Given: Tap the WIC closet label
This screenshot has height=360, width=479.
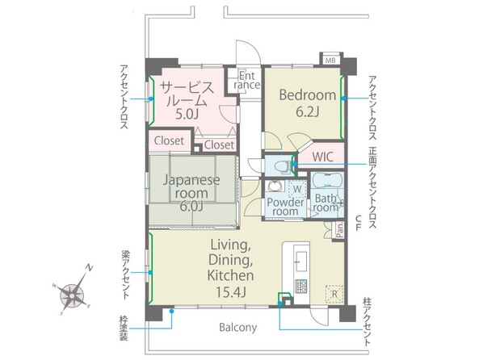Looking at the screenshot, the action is (322, 157).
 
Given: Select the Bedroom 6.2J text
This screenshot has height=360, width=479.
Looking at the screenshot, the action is (308, 103).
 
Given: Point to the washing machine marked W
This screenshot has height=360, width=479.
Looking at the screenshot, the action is (297, 189).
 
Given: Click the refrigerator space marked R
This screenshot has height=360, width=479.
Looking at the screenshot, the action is (334, 295).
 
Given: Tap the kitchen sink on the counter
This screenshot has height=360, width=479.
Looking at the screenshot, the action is (301, 261).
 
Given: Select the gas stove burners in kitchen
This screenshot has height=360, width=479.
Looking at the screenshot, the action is (301, 287).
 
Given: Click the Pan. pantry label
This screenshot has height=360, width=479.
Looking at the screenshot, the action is (340, 230).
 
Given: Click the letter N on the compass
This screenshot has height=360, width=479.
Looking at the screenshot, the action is (89, 268).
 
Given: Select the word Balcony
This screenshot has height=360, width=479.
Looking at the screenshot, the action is (238, 328).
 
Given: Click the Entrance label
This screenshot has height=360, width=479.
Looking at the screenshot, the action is (247, 80).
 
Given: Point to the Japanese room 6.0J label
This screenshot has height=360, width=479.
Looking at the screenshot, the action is (191, 193).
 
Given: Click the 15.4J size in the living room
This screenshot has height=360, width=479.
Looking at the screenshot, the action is (231, 292).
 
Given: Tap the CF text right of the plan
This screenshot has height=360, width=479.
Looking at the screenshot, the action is (358, 223).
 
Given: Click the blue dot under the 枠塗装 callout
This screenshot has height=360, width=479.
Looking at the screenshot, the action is (172, 311).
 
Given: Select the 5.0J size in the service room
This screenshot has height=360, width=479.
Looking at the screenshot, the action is (187, 114).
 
